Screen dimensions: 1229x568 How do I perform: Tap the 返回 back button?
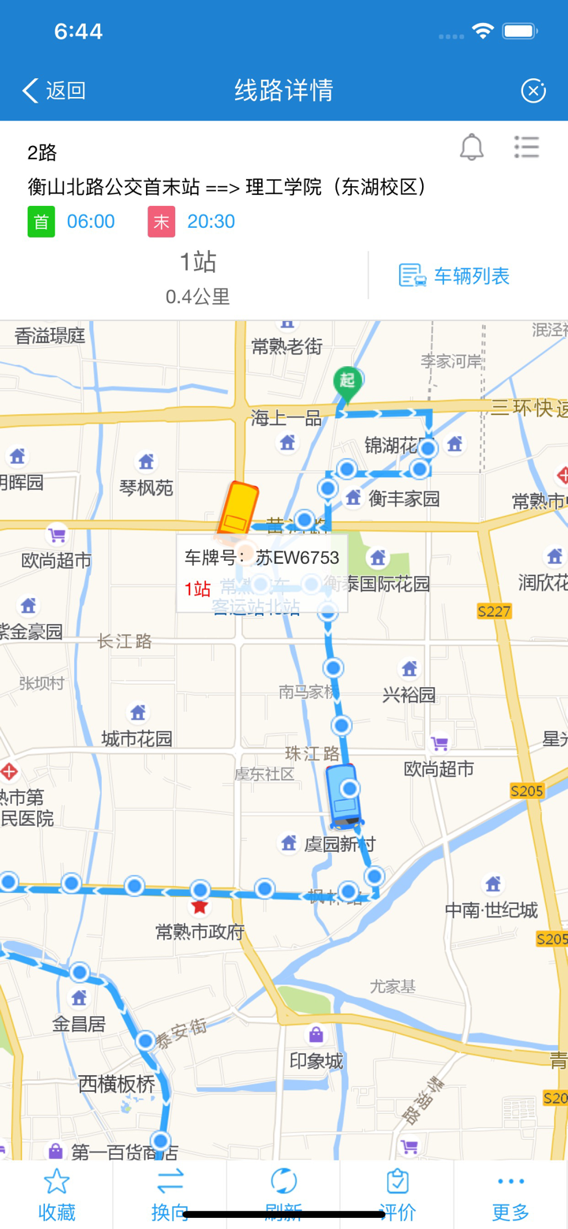(54, 91)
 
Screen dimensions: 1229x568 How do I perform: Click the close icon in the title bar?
(533, 91)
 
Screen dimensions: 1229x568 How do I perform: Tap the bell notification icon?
(472, 148)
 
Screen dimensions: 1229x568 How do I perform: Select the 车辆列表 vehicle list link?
(455, 275)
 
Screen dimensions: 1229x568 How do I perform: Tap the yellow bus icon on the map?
(237, 509)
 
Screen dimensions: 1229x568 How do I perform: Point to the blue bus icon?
(344, 795)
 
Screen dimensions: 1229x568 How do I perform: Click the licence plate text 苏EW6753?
(297, 558)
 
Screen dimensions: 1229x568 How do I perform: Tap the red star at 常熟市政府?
(200, 907)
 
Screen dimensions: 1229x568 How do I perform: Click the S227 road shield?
(495, 611)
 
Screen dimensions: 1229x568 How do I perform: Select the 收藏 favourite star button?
(57, 1193)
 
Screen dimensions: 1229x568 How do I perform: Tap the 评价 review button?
(398, 1193)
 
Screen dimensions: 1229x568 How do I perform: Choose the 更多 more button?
(510, 1193)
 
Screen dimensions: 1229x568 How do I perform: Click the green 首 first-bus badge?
(41, 222)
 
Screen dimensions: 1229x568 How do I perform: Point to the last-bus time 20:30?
(211, 222)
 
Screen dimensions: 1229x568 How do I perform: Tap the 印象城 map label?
(316, 1061)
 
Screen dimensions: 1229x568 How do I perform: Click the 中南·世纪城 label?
(491, 910)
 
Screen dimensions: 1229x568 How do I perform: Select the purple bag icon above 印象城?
(316, 1034)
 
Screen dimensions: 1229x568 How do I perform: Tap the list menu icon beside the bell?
(526, 148)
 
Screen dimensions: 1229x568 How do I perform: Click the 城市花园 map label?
(137, 739)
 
